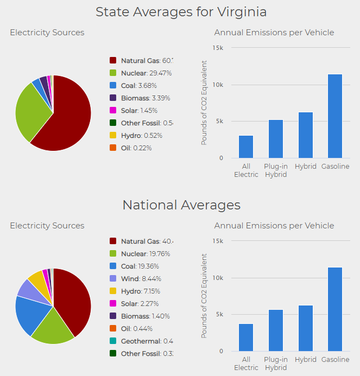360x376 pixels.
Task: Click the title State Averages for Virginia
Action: [181, 12]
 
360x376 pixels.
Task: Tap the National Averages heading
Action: [181, 205]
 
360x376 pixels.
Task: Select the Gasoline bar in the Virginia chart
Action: [334, 116]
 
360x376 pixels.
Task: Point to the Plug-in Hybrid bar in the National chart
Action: [276, 330]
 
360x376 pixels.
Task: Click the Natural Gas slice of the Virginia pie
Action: [68, 117]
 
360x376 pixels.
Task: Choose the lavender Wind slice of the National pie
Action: [27, 288]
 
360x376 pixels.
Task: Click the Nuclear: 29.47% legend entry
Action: [141, 73]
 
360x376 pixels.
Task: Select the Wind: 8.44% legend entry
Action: [139, 278]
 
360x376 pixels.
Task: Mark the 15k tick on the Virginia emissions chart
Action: [217, 48]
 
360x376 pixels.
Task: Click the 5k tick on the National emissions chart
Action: [219, 315]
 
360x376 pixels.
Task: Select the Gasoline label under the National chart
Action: [335, 360]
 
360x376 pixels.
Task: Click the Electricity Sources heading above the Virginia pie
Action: [47, 33]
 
